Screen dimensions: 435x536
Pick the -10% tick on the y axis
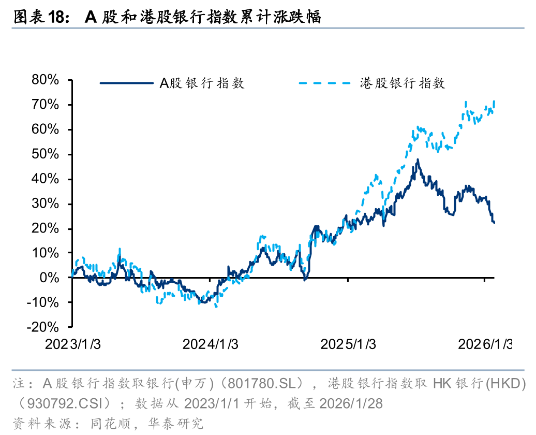[45, 302]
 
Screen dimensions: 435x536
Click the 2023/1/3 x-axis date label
[72, 344]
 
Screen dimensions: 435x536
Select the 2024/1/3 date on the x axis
[210, 344]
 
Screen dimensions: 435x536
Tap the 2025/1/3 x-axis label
[348, 344]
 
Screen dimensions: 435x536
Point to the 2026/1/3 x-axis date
[484, 344]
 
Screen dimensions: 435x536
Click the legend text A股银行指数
[202, 83]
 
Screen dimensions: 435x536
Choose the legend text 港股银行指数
[403, 83]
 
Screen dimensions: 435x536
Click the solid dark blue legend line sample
[126, 83]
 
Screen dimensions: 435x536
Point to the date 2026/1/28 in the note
[352, 403]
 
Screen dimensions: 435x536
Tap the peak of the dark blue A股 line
[417, 160]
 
